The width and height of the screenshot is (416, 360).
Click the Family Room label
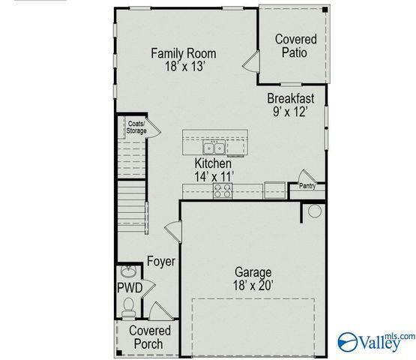click(x=184, y=53)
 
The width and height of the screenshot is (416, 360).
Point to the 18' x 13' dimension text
click(x=184, y=66)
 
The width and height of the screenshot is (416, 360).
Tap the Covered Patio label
click(x=295, y=45)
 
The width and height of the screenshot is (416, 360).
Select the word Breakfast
click(x=291, y=98)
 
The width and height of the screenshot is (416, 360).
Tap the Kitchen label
click(x=214, y=163)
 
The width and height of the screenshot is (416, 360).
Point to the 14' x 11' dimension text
click(x=214, y=175)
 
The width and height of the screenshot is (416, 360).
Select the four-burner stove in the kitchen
click(x=223, y=192)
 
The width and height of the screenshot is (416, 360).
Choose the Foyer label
click(x=160, y=262)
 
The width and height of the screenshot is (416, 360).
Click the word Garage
click(x=253, y=272)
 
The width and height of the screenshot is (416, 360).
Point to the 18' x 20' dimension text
click(x=253, y=285)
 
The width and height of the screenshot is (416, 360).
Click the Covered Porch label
click(x=150, y=337)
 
